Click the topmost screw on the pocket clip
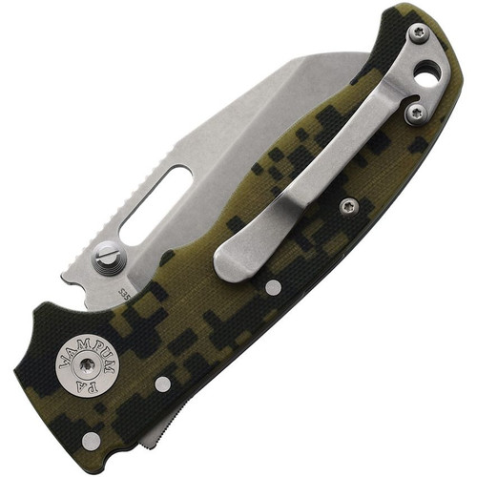click(418, 34)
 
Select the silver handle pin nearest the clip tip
click(274, 287)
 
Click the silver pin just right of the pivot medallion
click(162, 384)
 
